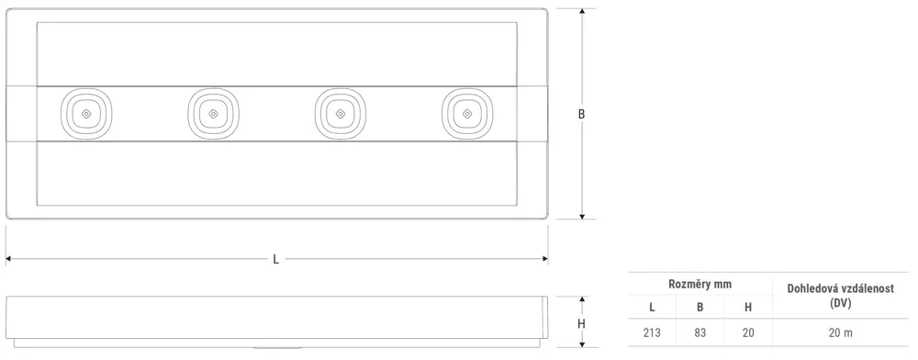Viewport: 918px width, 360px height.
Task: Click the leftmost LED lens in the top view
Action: coord(86,114)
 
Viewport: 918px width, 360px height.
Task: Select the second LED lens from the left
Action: coord(214,114)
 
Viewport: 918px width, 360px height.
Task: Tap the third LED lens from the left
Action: coord(341,114)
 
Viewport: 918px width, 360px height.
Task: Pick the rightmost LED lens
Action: coord(467,114)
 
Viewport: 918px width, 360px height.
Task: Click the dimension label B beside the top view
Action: coord(581,115)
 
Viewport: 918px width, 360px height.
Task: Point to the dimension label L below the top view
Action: coord(275,259)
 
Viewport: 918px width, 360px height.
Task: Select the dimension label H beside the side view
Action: coord(581,323)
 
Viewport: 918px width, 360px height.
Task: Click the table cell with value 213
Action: coord(652,333)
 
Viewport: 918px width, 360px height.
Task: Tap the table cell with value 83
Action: coord(700,333)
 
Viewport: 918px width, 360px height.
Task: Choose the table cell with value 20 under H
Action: coord(748,333)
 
